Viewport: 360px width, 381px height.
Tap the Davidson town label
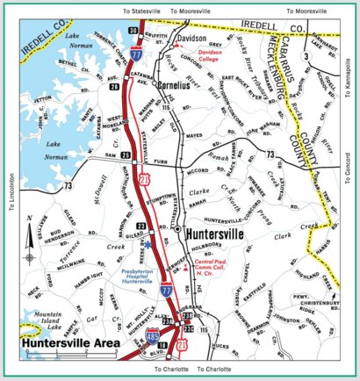click(x=191, y=40)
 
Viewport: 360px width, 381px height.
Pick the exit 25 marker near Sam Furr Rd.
click(x=126, y=155)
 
